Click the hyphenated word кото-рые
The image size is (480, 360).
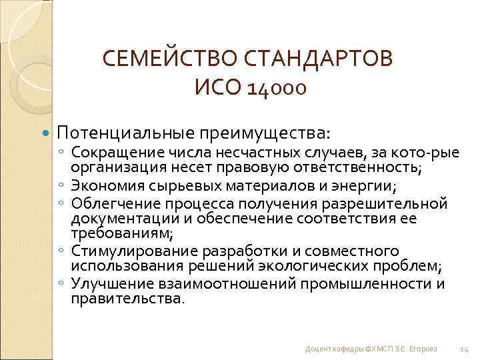tap(418, 153)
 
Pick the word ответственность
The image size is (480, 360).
tap(361, 167)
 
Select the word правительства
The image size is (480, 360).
tap(126, 299)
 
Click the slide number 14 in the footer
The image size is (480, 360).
tap(465, 349)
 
